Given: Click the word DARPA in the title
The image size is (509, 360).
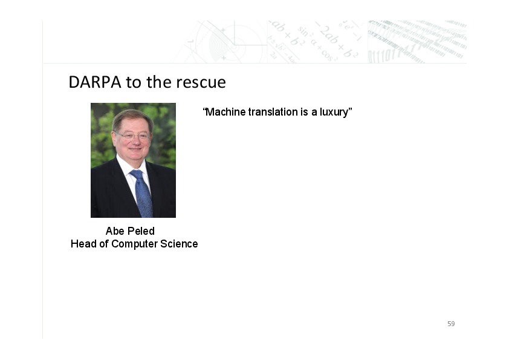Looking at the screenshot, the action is coord(95,82).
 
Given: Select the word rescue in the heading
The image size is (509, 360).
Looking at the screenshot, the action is coord(201,82).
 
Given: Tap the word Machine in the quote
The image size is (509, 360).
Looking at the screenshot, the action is coord(225,112).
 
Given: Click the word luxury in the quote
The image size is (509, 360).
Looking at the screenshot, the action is coord(334,113).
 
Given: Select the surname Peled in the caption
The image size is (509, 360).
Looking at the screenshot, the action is coord(141,231).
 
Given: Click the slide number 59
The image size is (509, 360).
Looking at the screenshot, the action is coord(451,324).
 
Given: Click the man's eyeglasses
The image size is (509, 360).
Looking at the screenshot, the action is coord(132,136).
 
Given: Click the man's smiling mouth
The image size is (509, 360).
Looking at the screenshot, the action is coord(135,149).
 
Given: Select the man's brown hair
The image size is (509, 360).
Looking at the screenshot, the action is coord(132,117).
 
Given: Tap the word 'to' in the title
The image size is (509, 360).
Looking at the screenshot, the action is coord(134,82).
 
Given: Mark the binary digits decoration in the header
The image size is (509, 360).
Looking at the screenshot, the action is coord(417,42).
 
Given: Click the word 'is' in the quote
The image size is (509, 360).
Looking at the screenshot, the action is coord(304,112).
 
